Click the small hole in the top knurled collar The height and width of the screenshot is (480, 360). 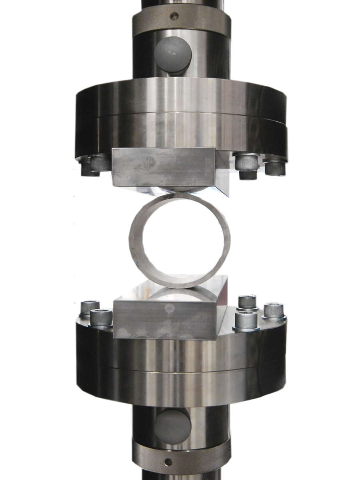click(174, 17)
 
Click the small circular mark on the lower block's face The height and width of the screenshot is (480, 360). click(170, 308)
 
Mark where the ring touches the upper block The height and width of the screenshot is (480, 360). click(180, 193)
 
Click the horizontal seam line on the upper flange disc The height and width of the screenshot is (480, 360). click(180, 115)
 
